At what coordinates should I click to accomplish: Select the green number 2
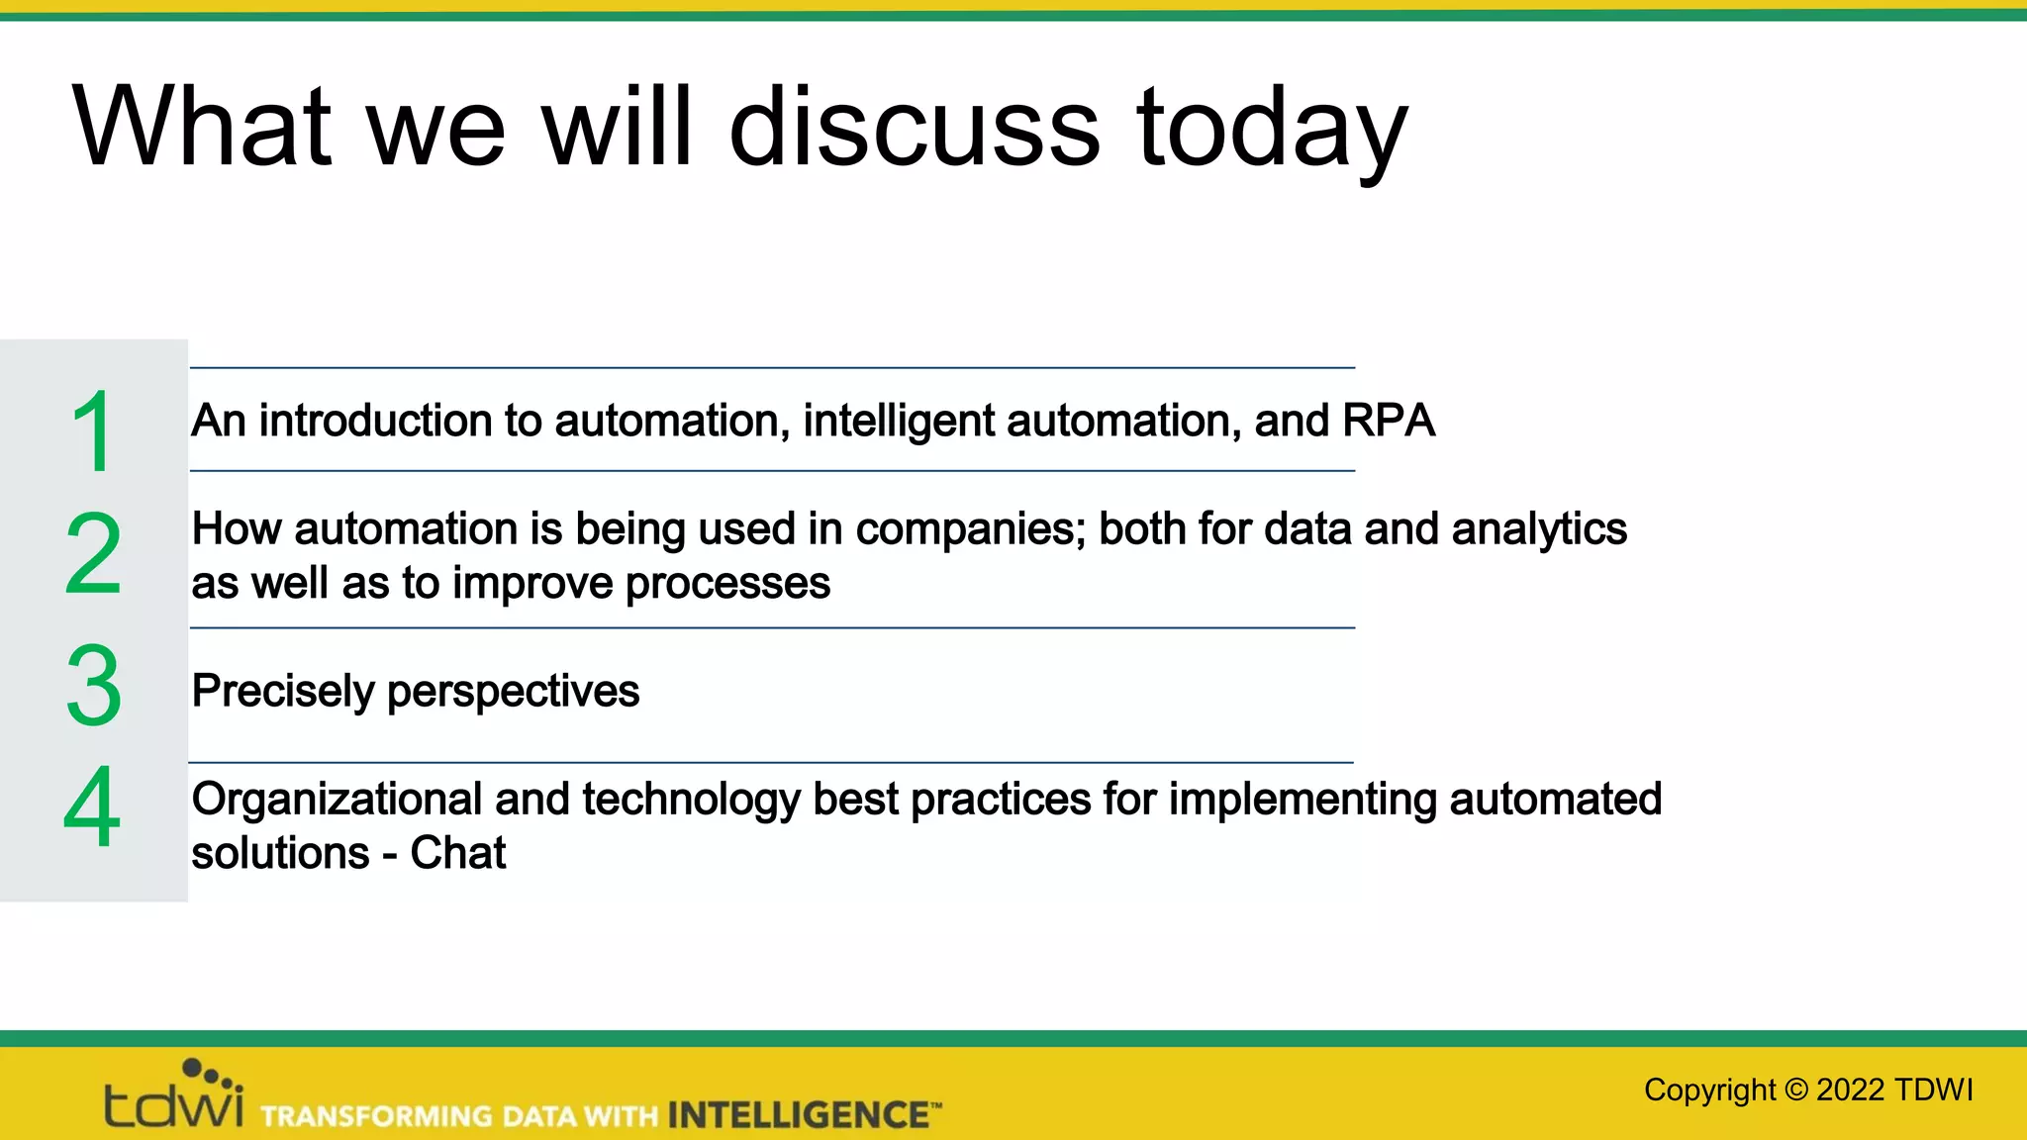point(93,554)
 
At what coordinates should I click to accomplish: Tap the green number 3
point(94,686)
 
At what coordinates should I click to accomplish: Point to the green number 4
point(92,807)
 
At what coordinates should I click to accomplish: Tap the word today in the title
point(1271,129)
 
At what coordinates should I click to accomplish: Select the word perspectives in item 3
point(513,692)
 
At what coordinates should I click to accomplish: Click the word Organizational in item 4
point(337,800)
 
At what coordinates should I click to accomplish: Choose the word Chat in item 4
point(457,853)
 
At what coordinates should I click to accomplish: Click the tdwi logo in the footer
point(174,1096)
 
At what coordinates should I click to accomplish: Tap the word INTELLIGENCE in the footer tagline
point(798,1115)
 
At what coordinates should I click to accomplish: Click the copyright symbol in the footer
point(1796,1090)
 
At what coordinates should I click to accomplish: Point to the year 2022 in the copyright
point(1850,1090)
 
